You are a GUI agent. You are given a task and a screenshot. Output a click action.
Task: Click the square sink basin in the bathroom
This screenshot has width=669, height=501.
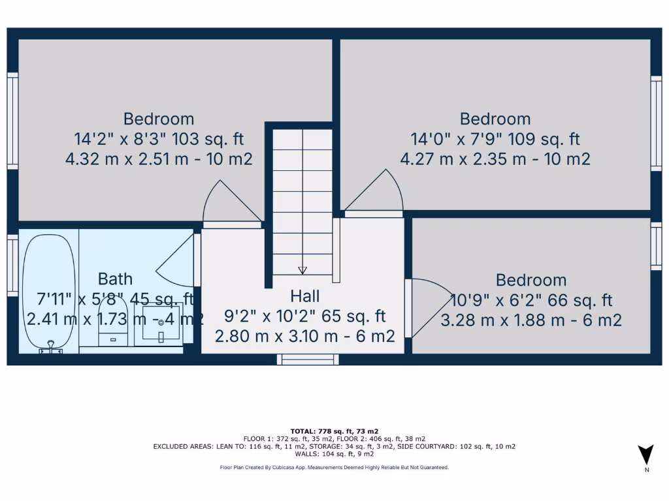pos(161,324)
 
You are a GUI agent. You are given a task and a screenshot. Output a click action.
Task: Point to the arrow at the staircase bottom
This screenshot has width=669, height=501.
pos(302,269)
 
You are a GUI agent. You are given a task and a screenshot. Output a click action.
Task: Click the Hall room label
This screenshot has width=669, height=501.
pos(304,296)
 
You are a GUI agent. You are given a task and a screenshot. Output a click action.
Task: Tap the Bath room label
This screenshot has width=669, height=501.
pos(115,279)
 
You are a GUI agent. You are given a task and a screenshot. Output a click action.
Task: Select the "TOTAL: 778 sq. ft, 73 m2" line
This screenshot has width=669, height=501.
pos(334,432)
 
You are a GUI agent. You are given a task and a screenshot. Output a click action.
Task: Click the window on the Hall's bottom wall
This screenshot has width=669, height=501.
pos(308,359)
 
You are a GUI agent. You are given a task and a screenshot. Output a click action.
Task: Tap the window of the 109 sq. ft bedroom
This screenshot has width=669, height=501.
pos(656,124)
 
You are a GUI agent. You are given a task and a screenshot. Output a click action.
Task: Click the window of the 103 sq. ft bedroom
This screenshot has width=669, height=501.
pos(12,121)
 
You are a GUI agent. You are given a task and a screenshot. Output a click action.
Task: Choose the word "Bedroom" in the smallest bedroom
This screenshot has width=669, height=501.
pos(530,281)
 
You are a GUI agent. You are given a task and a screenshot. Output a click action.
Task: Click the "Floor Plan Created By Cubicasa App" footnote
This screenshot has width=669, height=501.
pos(334,467)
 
